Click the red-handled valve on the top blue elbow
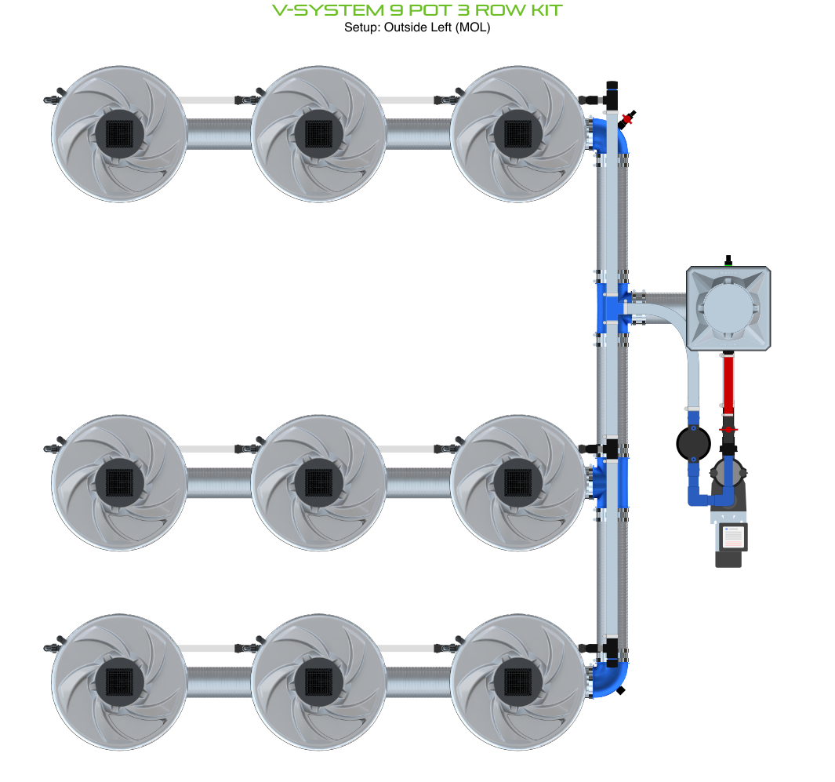[x=626, y=120]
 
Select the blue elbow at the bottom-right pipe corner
[x=612, y=677]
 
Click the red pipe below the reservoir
[x=728, y=384]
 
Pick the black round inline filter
[x=693, y=444]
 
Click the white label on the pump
[x=733, y=537]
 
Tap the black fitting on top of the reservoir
[x=728, y=260]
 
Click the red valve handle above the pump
[x=728, y=430]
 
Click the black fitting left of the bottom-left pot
[x=53, y=648]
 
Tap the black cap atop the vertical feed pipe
[x=611, y=85]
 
